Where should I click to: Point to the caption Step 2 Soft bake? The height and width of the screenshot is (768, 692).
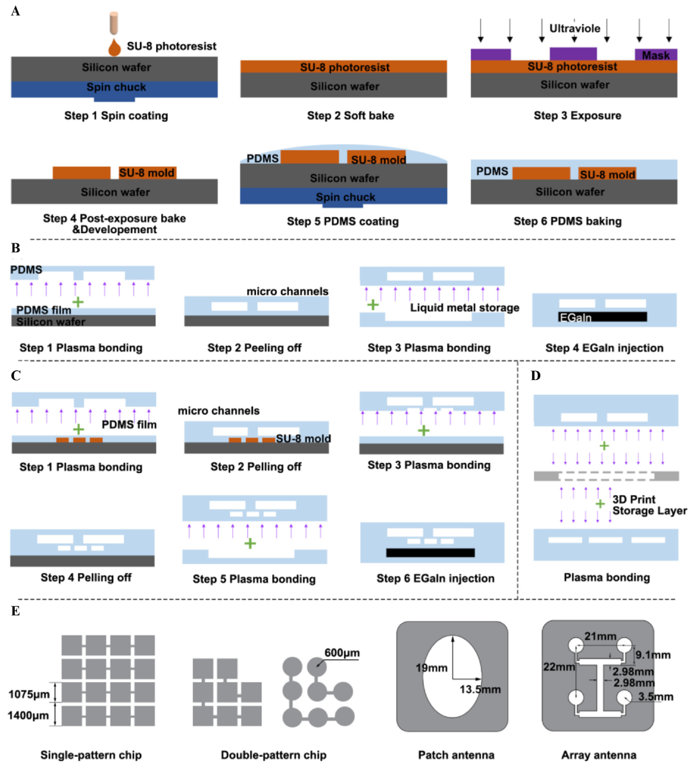[350, 115]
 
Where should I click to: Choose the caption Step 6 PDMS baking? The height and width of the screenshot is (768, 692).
[567, 221]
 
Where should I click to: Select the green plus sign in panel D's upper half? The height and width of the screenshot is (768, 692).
[604, 446]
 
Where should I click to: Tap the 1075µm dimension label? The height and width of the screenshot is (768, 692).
[29, 694]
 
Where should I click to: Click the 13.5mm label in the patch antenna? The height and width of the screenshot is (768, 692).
[480, 689]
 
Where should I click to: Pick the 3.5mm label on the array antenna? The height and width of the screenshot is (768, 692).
[655, 697]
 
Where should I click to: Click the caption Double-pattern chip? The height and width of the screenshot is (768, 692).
[273, 755]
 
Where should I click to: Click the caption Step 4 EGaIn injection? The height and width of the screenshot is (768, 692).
[604, 348]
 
